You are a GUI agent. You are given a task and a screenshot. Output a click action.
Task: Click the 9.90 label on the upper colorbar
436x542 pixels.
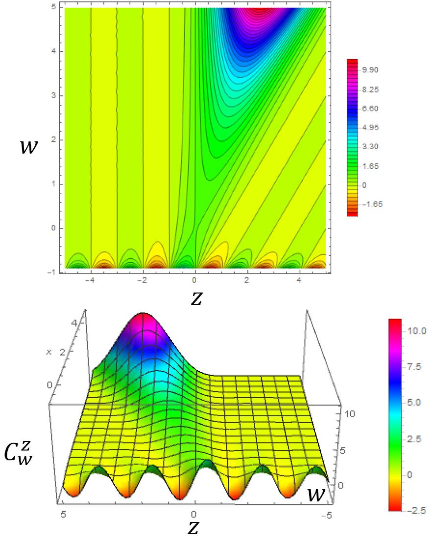(371, 70)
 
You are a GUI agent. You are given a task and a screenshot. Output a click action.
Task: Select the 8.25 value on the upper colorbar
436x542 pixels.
(371, 90)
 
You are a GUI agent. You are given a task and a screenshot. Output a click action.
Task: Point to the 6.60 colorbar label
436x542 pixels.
(371, 109)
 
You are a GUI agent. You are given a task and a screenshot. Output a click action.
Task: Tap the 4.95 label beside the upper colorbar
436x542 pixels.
(371, 128)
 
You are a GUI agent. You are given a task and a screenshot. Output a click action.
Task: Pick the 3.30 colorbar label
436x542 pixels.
(371, 147)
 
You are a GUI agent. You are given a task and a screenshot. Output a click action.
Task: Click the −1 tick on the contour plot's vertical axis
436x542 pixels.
(54, 272)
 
